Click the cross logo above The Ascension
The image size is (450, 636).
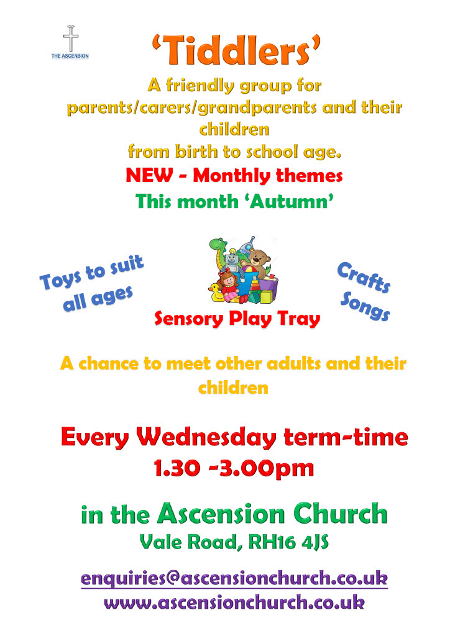coord(71,39)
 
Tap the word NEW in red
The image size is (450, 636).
coord(149,176)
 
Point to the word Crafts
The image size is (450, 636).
coord(364,278)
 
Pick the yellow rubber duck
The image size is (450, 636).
coord(217,291)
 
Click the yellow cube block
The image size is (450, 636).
coord(266,297)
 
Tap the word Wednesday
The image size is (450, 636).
coord(211,437)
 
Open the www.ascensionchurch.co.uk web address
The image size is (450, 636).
coord(234,602)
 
